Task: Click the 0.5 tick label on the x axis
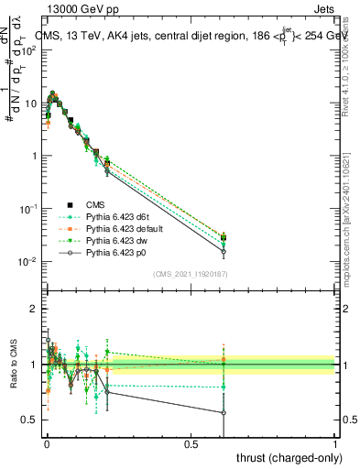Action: [191, 443]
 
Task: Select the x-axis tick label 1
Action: [335, 443]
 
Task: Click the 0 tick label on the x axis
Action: [47, 443]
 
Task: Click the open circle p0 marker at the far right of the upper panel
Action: [224, 251]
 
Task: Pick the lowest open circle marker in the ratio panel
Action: [224, 412]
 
